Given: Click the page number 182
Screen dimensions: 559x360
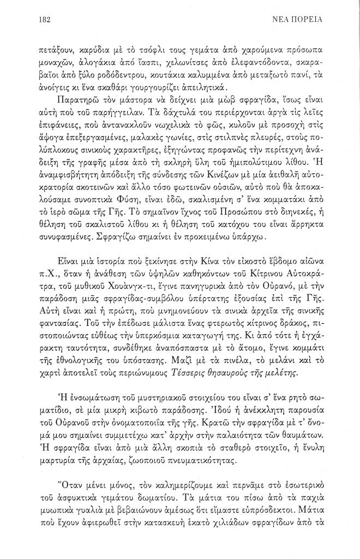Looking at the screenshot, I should [x=45, y=20].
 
